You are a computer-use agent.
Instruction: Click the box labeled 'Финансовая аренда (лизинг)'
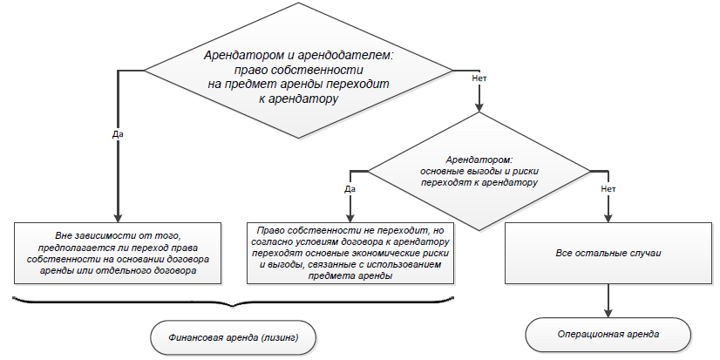(234, 337)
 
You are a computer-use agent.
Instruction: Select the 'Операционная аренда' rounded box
(608, 335)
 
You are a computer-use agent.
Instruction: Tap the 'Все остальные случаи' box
(608, 253)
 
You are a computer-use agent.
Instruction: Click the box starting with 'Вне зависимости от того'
(118, 253)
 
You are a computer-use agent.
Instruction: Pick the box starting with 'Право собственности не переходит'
(350, 253)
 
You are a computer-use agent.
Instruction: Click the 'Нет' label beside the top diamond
(479, 78)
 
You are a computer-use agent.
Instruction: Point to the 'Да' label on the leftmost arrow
(118, 134)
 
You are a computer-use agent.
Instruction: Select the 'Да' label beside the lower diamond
(350, 189)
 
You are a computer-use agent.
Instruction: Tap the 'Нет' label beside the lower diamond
(608, 189)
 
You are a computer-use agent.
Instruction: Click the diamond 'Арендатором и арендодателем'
(299, 71)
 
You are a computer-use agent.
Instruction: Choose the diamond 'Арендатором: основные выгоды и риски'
(479, 171)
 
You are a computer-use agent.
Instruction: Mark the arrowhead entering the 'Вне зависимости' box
(118, 218)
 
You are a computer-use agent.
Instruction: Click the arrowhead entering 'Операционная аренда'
(608, 313)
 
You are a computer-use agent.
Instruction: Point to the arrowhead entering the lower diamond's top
(479, 107)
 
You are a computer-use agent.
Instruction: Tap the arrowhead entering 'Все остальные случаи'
(608, 218)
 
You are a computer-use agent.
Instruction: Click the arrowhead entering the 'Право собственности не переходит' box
(350, 218)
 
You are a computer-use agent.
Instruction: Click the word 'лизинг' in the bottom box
(282, 338)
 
